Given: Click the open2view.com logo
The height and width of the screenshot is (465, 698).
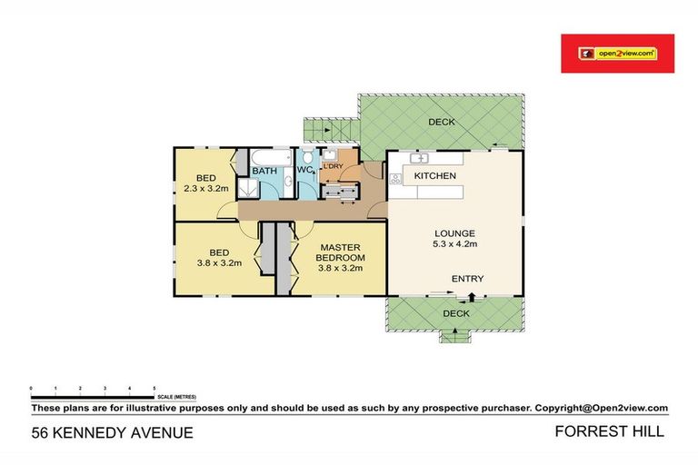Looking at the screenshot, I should tap(617, 54).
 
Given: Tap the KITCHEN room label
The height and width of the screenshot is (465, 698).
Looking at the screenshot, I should tap(434, 175).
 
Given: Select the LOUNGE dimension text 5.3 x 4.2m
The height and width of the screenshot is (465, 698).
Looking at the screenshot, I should tap(454, 243).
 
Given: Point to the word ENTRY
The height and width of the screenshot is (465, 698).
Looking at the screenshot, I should tap(467, 279).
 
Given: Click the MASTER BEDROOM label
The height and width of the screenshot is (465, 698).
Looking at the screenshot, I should tap(340, 252).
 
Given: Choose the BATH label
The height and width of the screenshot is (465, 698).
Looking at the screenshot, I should tap(264, 171).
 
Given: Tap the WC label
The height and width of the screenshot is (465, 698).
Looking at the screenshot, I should tap(304, 170).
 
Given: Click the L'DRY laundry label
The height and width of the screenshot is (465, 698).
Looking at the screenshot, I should tap(333, 165).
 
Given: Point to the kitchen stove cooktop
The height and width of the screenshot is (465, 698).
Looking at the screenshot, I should tap(394, 178).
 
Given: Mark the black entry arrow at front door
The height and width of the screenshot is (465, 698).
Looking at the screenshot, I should tap(472, 295).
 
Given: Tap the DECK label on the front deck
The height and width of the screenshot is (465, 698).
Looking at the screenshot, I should tap(455, 313).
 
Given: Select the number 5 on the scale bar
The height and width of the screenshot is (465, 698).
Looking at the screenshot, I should tap(154, 388).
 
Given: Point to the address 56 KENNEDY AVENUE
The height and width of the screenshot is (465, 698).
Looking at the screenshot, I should tap(112, 433).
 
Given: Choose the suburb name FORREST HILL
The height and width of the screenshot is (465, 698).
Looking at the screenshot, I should tap(609, 432).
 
